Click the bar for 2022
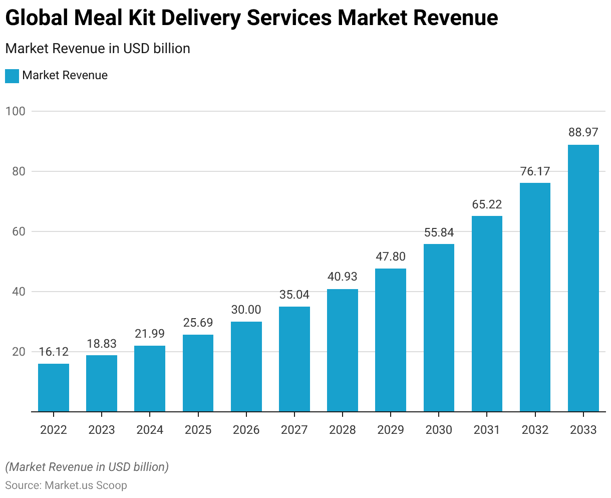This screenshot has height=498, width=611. (54, 387)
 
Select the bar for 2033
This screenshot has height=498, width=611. (583, 278)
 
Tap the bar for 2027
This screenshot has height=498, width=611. (294, 359)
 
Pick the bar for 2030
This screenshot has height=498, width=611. (439, 328)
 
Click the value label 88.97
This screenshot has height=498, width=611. (583, 132)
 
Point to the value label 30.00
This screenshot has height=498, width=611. (246, 310)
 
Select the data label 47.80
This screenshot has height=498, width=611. (391, 257)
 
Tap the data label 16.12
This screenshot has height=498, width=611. (54, 352)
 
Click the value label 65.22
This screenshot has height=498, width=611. (487, 204)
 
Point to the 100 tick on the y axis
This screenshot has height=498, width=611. (15, 111)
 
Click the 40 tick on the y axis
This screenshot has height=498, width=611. (19, 292)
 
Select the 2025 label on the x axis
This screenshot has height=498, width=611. (198, 430)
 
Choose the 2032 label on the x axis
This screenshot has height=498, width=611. (535, 430)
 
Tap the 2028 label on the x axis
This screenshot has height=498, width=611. (343, 430)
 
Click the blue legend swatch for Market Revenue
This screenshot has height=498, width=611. (12, 76)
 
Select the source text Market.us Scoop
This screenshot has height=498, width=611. (86, 485)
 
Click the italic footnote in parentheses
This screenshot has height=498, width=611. (87, 467)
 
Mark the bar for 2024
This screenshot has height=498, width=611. (150, 378)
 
